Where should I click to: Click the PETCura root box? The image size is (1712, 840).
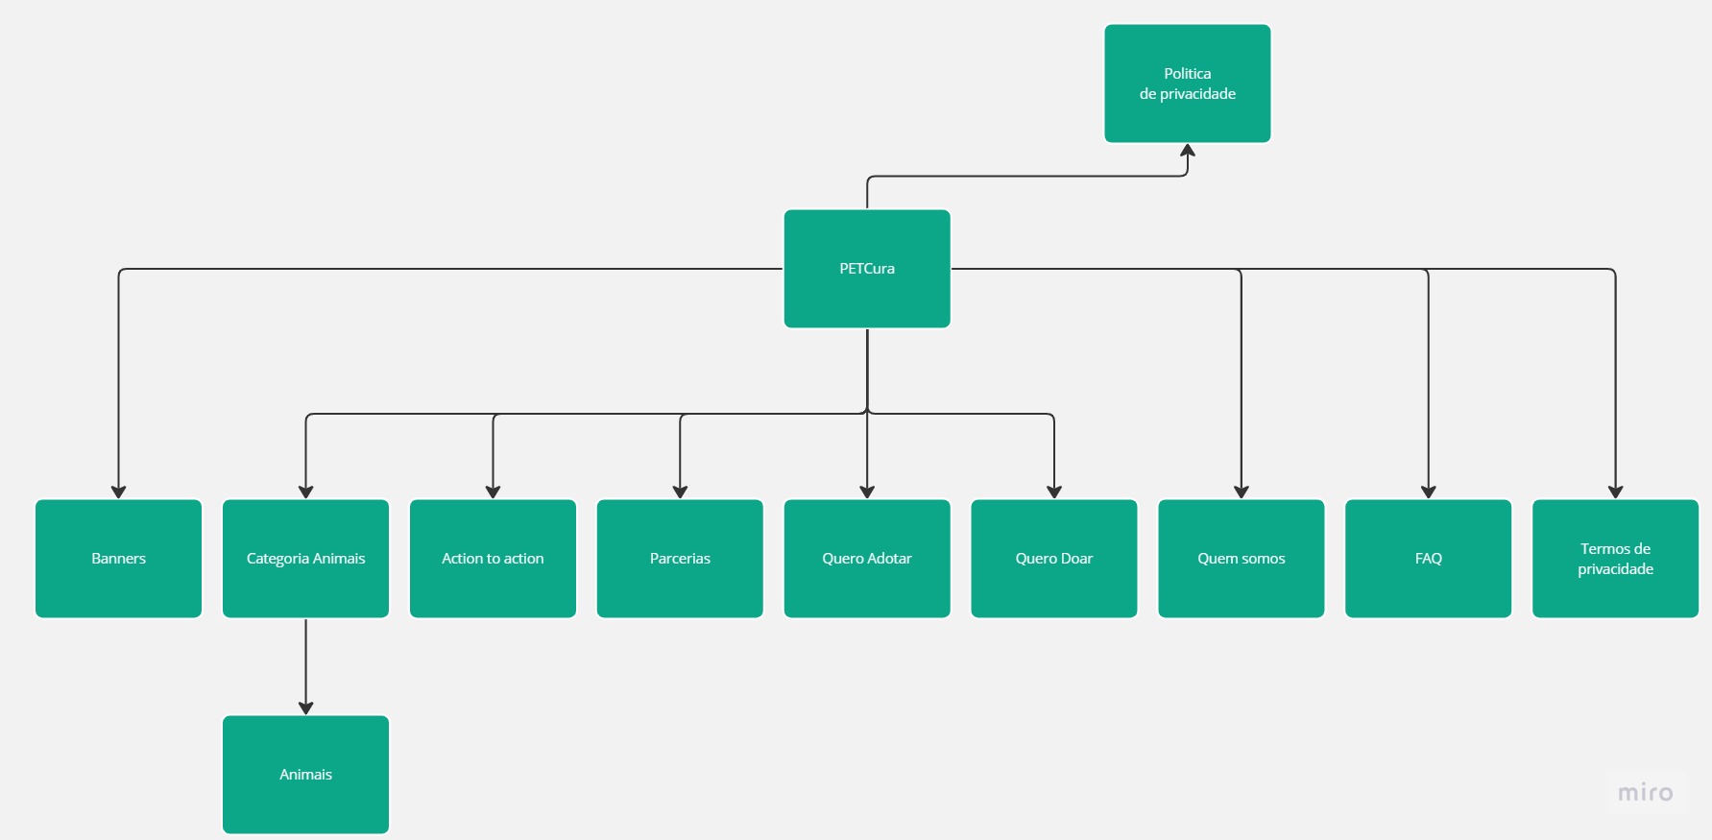[x=867, y=269]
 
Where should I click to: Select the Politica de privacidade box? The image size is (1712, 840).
[x=1188, y=84]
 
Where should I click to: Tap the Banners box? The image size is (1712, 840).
[x=118, y=559]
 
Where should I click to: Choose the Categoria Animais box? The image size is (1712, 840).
[x=305, y=559]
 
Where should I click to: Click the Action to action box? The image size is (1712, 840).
[x=493, y=559]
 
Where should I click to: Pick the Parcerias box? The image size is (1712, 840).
[x=680, y=559]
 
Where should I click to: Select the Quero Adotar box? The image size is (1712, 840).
[x=867, y=559]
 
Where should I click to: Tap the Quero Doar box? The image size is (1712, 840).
[x=1054, y=559]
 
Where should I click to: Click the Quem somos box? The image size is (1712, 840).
[x=1242, y=559]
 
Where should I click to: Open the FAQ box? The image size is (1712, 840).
[x=1429, y=559]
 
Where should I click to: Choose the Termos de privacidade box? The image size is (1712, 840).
[x=1616, y=559]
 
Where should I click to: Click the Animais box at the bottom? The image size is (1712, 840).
[x=305, y=775]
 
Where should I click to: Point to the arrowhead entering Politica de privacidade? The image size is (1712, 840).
[x=1188, y=151]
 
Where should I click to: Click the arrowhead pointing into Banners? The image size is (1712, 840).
[x=118, y=492]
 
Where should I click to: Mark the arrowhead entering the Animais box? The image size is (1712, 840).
[x=305, y=708]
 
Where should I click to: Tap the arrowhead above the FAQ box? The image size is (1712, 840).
[x=1429, y=492]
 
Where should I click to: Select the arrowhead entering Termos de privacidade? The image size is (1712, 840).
[x=1616, y=492]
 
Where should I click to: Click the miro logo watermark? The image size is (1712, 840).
[x=1645, y=793]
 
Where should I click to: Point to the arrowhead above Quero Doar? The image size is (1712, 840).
[x=1054, y=492]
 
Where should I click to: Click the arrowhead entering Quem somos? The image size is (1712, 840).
[x=1242, y=492]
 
